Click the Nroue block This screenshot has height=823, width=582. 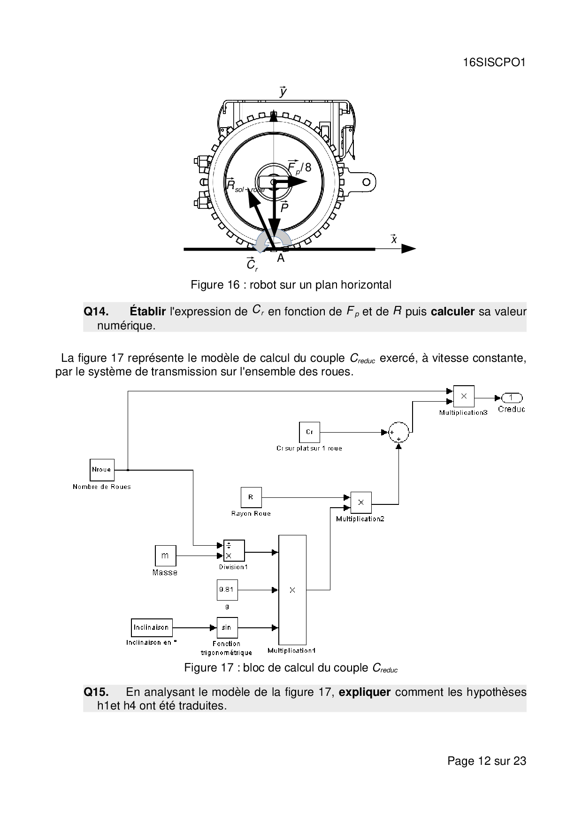point(102,470)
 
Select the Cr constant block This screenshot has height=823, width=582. point(309,432)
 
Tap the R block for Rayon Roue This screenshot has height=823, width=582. point(251,497)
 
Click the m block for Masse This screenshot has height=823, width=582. point(165,556)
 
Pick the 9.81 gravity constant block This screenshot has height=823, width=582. point(227,590)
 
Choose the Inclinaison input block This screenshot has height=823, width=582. point(152,627)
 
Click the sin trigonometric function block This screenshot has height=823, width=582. point(227,627)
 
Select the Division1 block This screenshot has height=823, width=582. point(234,550)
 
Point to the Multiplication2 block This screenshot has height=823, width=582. point(361,503)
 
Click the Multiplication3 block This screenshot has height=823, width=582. point(464,396)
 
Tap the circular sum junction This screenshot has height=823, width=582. point(398,432)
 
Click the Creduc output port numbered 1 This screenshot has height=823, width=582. point(512,398)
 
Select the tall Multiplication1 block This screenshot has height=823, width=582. point(292,590)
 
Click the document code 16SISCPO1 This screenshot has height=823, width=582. point(494,62)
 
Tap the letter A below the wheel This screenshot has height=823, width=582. point(281,258)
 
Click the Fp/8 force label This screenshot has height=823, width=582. point(299,167)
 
